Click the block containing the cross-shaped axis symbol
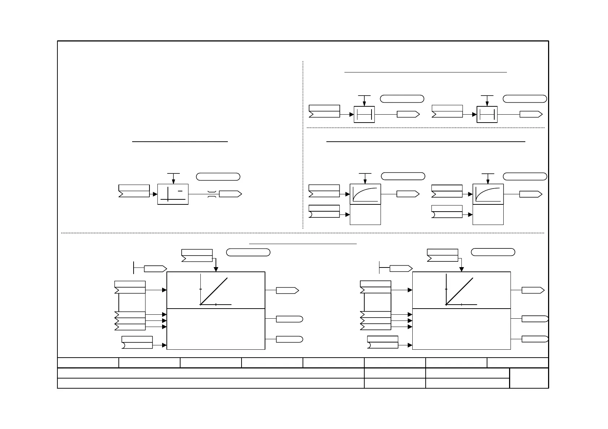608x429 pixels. click(173, 194)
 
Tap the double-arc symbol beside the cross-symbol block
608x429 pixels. click(212, 194)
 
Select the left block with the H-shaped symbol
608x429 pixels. click(364, 115)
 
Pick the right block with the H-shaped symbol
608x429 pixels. click(487, 115)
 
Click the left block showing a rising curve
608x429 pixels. click(365, 194)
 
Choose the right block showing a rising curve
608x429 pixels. click(488, 194)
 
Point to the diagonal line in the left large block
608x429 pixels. click(214, 291)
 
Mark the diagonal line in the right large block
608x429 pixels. click(460, 291)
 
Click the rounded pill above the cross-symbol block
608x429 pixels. click(218, 177)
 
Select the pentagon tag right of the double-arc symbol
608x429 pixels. click(230, 194)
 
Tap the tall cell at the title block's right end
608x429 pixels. click(529, 378)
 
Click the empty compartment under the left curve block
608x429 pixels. click(365, 214)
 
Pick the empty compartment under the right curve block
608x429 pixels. click(488, 214)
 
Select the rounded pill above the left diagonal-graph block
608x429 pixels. click(248, 252)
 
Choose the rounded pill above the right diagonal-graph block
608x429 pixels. click(493, 252)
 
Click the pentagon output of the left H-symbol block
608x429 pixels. click(408, 115)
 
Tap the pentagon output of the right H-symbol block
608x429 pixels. click(531, 115)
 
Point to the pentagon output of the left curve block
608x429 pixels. click(408, 194)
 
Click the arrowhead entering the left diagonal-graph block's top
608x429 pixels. click(216, 269)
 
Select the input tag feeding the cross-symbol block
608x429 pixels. click(134, 191)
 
